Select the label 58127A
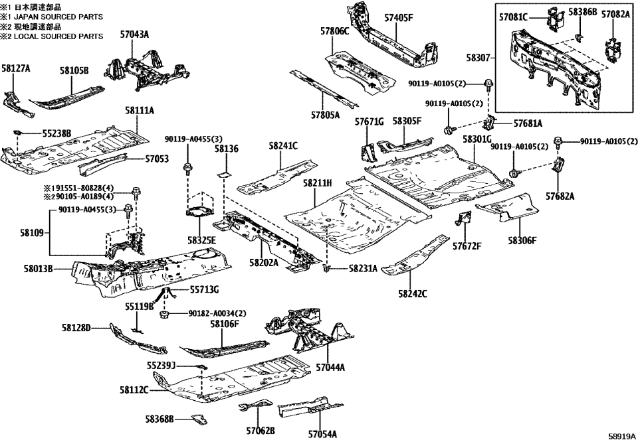click(16, 68)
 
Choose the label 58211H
click(318, 182)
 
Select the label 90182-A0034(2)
click(213, 313)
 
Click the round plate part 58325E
click(199, 212)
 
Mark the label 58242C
click(413, 293)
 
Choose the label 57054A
click(322, 434)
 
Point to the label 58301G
click(477, 139)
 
